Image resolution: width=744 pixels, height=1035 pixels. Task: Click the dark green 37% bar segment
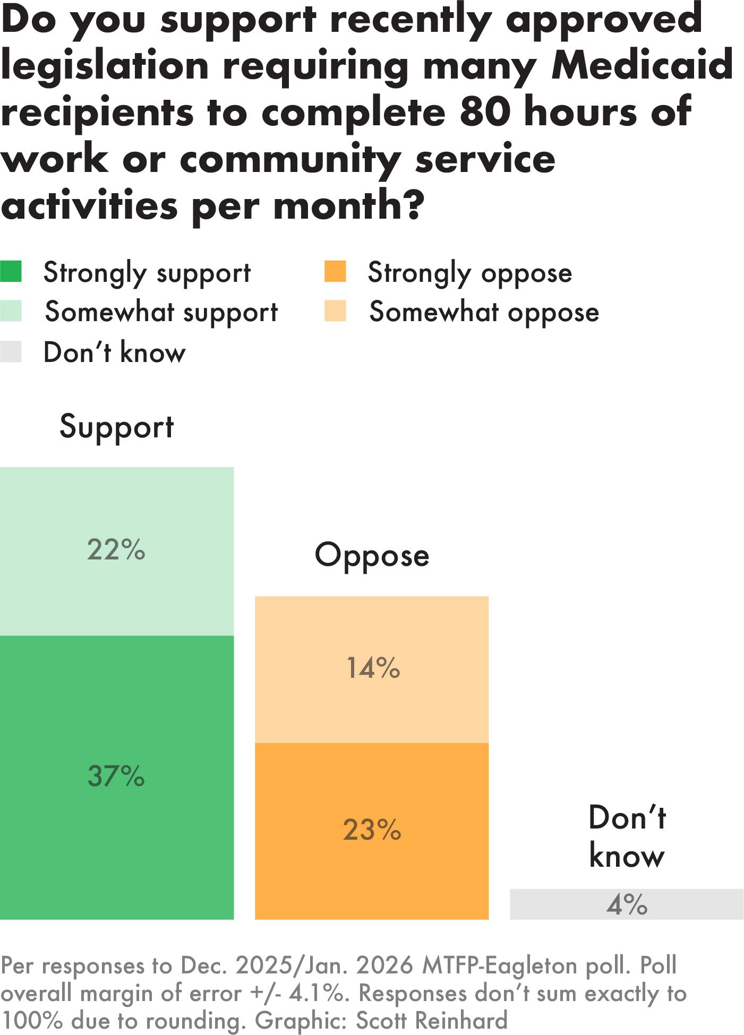click(x=117, y=777)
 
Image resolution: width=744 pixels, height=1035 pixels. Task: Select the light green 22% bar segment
click(x=117, y=551)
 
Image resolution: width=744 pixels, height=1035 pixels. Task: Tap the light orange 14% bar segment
click(x=372, y=669)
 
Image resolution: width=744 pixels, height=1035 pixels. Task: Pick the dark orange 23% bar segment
click(x=372, y=831)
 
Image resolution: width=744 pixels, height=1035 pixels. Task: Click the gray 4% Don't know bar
click(x=627, y=904)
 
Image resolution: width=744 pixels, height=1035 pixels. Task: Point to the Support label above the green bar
click(x=117, y=427)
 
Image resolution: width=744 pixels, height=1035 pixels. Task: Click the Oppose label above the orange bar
click(x=372, y=556)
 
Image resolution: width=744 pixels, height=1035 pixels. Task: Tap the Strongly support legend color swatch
click(x=11, y=271)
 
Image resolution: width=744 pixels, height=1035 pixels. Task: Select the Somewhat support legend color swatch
click(x=11, y=311)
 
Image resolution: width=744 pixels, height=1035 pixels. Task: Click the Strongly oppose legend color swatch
click(x=335, y=271)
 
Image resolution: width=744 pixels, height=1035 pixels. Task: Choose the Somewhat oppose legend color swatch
click(x=335, y=311)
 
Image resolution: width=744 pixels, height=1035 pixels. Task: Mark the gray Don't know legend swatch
click(x=11, y=351)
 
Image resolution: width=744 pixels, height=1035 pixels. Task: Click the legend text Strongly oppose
click(x=470, y=273)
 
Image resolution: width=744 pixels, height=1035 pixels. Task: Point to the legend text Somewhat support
click(x=161, y=313)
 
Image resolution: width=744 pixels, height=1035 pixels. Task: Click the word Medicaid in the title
click(x=643, y=65)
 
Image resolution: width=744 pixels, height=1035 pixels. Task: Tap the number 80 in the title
click(x=485, y=112)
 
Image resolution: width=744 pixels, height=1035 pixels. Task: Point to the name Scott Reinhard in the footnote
click(x=431, y=1021)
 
